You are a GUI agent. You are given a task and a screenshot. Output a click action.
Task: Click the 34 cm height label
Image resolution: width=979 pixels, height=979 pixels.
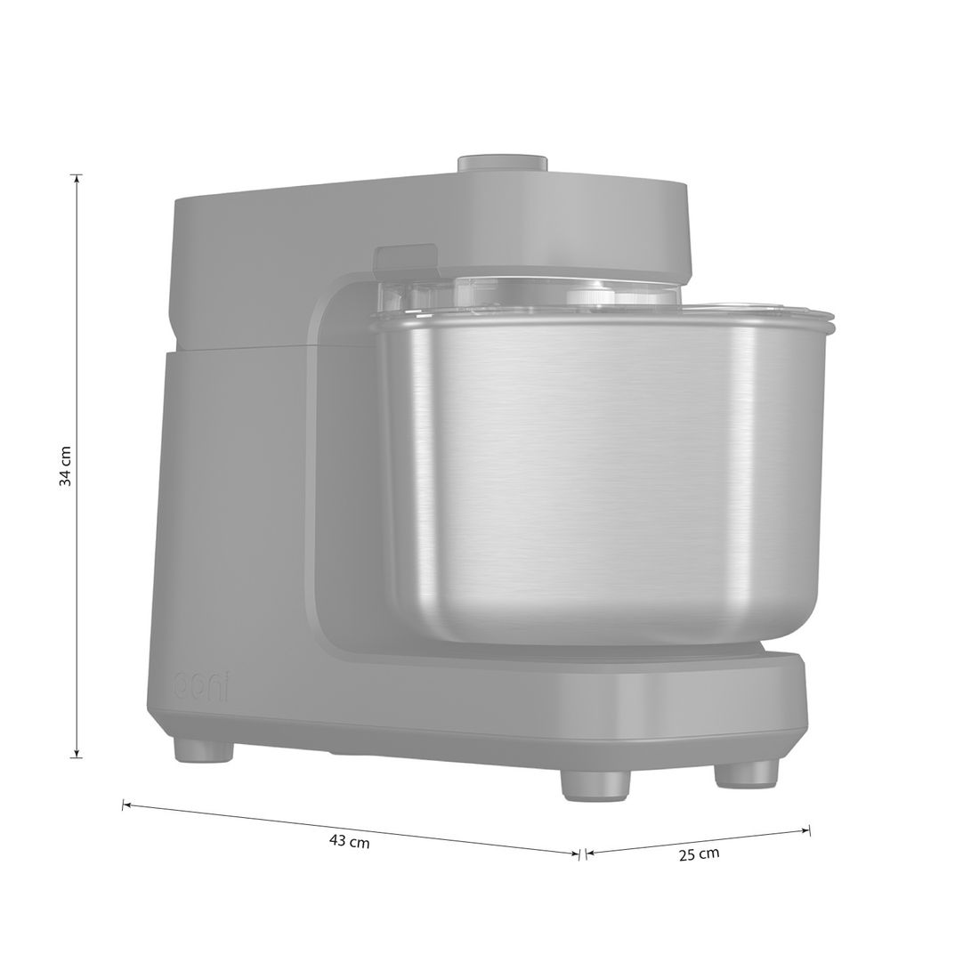65,465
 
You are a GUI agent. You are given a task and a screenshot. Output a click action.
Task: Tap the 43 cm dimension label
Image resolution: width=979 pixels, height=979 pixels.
349,842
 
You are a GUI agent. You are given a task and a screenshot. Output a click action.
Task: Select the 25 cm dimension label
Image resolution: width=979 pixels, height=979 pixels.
700,854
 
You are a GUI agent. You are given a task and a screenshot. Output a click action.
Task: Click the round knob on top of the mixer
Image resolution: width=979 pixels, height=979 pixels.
503,163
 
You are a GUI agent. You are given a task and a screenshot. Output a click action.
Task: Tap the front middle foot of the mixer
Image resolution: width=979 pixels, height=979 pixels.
595,786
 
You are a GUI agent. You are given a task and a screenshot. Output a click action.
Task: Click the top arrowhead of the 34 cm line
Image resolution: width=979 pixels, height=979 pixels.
77,179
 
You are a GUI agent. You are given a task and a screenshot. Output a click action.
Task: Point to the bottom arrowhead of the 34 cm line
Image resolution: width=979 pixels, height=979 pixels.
77,754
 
